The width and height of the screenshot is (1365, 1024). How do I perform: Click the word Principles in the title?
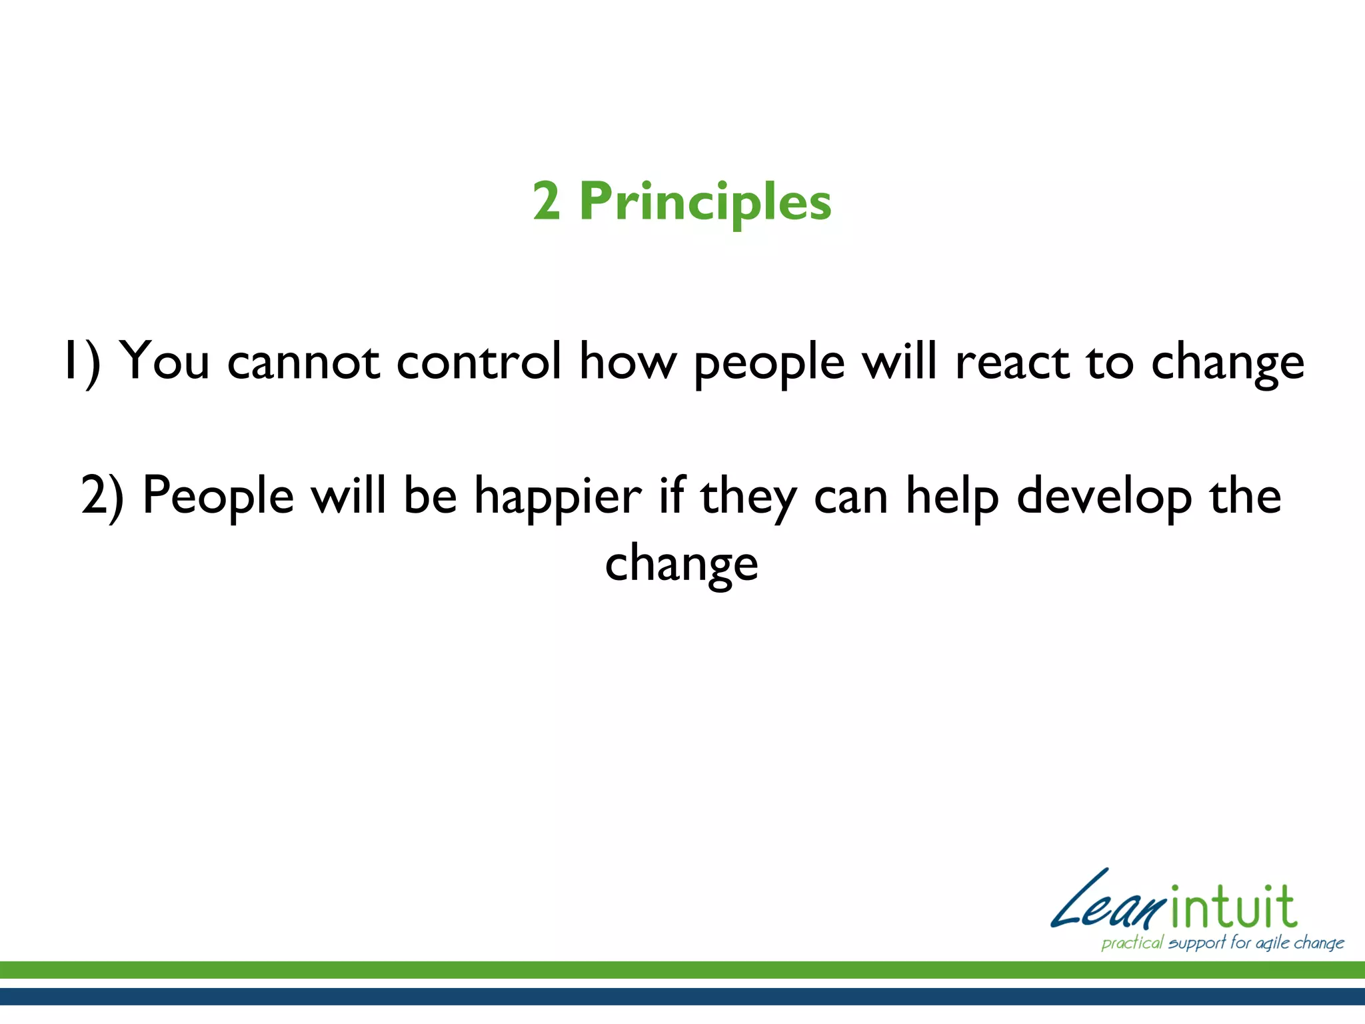(x=705, y=203)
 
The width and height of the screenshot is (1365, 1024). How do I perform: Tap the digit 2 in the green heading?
(x=546, y=201)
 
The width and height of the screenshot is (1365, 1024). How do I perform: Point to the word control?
(x=479, y=361)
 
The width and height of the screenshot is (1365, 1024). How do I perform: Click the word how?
(x=627, y=361)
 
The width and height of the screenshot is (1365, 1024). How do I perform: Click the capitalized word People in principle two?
(x=218, y=497)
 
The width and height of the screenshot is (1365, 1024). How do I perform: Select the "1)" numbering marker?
(x=81, y=361)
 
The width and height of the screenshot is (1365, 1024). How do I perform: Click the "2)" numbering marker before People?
(x=103, y=497)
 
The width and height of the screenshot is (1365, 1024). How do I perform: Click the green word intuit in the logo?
(x=1233, y=908)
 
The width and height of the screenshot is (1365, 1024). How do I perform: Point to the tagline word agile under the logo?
(x=1272, y=943)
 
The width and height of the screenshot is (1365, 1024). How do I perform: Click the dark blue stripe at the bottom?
(x=682, y=996)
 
